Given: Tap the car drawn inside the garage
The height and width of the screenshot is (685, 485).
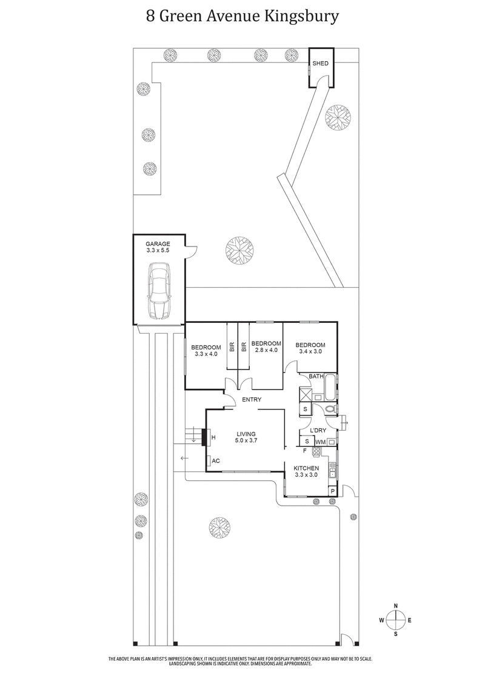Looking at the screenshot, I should click(158, 291).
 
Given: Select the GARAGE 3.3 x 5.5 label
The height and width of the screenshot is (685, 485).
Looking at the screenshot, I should click(158, 247).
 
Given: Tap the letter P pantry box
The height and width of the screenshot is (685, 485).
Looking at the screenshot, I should click(332, 491).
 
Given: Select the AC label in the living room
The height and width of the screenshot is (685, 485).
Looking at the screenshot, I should click(215, 461).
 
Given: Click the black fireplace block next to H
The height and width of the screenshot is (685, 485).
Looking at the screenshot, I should click(204, 437).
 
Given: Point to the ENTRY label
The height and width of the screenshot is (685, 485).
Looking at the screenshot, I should click(252, 400).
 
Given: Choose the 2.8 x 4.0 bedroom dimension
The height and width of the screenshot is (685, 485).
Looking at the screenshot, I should click(266, 351).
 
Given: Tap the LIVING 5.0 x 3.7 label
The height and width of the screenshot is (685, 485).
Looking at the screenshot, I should click(247, 437).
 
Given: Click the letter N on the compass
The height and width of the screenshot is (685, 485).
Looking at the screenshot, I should click(396, 606).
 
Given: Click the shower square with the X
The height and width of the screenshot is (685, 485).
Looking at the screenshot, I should click(304, 395).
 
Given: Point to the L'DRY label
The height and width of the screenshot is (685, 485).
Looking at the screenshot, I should click(318, 431).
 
